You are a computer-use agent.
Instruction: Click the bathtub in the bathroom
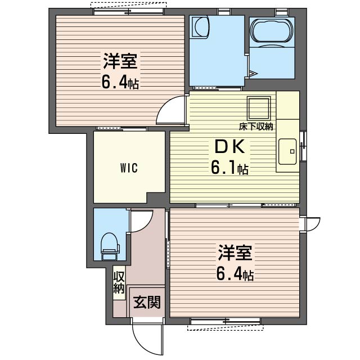tap(272, 30)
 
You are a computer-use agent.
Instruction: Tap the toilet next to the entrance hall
tap(110, 246)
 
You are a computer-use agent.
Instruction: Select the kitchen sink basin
tap(287, 151)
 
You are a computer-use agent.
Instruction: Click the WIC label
tap(129, 168)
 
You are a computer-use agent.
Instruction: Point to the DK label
tap(229, 147)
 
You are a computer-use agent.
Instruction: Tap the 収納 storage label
tap(119, 282)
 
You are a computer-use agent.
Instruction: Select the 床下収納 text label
tap(256, 127)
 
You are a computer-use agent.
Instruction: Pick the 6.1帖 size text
tap(229, 168)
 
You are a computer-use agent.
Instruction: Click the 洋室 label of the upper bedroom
tap(120, 61)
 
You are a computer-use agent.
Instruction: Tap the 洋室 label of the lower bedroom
tap(235, 253)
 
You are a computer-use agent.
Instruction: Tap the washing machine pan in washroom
tap(201, 26)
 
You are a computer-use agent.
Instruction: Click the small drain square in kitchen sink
tap(292, 151)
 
